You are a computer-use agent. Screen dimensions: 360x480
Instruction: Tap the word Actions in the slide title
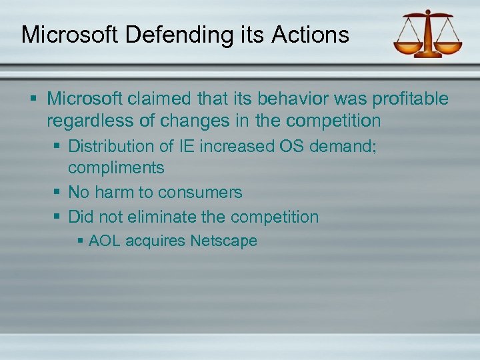[x=311, y=34]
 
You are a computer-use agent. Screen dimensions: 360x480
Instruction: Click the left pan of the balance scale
[x=407, y=48]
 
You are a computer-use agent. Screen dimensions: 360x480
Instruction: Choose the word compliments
[x=116, y=167]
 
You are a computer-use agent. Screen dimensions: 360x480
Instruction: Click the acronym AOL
[x=105, y=241]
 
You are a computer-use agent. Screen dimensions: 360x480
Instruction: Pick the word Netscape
[x=223, y=241]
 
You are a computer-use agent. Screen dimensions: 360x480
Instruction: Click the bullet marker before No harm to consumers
[x=57, y=192]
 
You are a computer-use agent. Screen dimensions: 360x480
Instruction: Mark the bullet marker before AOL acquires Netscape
[x=79, y=241]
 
